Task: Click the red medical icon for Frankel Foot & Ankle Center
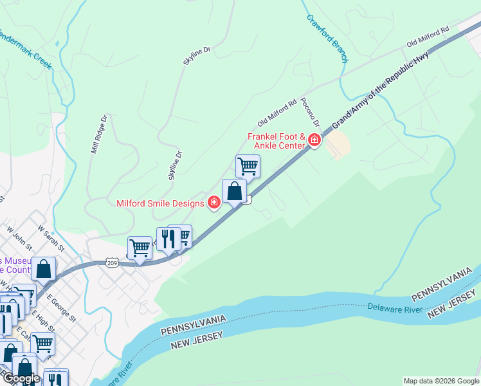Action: click(x=314, y=140)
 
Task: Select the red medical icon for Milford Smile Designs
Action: click(x=214, y=203)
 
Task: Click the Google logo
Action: click(x=21, y=378)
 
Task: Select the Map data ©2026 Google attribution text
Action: click(x=441, y=381)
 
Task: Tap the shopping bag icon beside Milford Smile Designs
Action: click(x=234, y=190)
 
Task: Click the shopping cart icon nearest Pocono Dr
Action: click(x=248, y=166)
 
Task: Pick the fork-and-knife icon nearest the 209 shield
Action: click(x=168, y=239)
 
